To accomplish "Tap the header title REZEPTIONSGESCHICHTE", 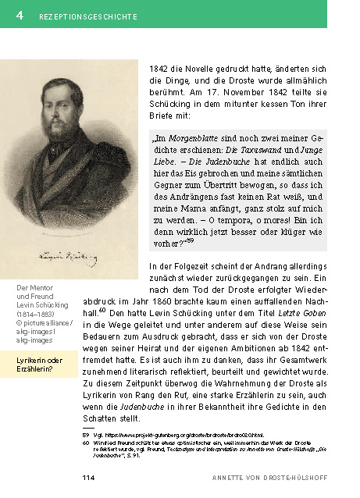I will point(88,16).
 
